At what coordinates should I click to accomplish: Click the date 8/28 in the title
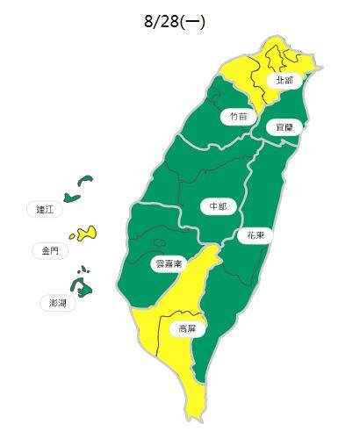coord(161,22)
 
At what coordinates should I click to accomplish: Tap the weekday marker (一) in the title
coord(193,22)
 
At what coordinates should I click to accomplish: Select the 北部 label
coord(284,80)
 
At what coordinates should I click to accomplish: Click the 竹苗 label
coord(237,116)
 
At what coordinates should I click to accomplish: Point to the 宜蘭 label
coord(284,127)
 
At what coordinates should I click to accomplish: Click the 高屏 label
coord(187,329)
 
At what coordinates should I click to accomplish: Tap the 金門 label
coord(50,250)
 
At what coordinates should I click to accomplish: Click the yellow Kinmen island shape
coord(85,234)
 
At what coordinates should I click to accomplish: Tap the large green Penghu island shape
coord(83,287)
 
